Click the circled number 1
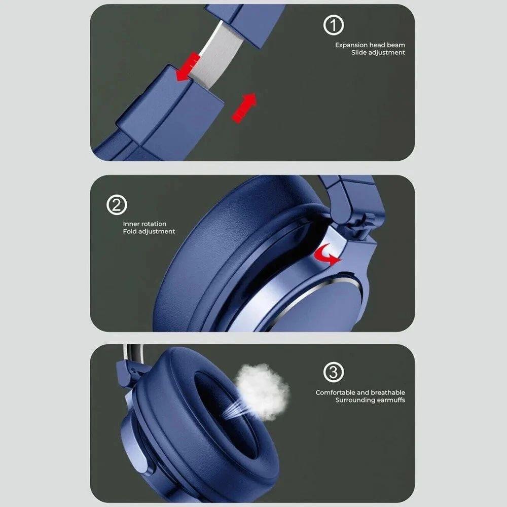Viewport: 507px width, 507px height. click(x=334, y=25)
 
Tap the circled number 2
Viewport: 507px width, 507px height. click(x=117, y=205)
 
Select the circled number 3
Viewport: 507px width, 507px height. click(x=334, y=372)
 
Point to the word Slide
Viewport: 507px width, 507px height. click(x=359, y=52)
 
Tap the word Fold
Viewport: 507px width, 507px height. click(x=129, y=231)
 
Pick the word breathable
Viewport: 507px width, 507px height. click(x=388, y=392)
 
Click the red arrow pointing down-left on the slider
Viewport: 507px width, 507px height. click(x=187, y=67)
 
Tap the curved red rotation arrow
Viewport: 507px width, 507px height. click(x=327, y=254)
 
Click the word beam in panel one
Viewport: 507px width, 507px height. click(x=396, y=45)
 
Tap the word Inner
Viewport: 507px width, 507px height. click(x=129, y=224)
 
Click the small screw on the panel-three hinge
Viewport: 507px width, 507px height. click(x=133, y=370)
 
